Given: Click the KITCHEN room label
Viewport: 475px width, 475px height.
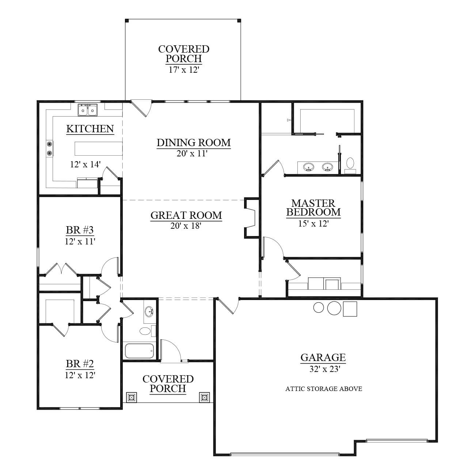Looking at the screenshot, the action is (x=90, y=129).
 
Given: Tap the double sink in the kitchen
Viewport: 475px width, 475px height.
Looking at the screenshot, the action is (x=88, y=110).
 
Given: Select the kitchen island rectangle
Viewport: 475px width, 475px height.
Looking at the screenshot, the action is (x=99, y=149).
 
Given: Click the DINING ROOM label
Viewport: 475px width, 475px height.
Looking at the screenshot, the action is (x=194, y=143).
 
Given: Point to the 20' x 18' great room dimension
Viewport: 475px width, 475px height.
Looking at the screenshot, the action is (x=186, y=225).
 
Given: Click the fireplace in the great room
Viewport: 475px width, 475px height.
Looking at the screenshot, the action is (x=251, y=218).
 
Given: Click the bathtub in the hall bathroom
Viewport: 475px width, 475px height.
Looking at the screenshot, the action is (x=139, y=351).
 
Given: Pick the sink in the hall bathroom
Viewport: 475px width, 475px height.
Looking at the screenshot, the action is (x=149, y=311).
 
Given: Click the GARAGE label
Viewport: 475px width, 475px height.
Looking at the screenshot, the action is (x=323, y=357).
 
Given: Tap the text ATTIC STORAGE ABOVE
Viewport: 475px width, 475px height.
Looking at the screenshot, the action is (x=324, y=389).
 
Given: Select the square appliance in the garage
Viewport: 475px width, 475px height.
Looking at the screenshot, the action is (x=350, y=309).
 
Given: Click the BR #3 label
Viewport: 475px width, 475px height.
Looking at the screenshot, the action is (x=80, y=230).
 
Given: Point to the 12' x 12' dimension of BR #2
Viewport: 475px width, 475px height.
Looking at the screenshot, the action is (x=80, y=375).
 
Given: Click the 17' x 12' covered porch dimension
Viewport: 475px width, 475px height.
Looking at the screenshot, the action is (x=184, y=70).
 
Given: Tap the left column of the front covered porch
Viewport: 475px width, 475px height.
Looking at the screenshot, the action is (x=132, y=397).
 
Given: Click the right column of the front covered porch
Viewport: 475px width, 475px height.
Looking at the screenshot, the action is (x=204, y=397).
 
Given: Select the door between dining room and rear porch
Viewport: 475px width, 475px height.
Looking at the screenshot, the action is (x=141, y=108).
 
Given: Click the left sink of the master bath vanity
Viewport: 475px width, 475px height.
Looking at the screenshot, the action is (x=308, y=167).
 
